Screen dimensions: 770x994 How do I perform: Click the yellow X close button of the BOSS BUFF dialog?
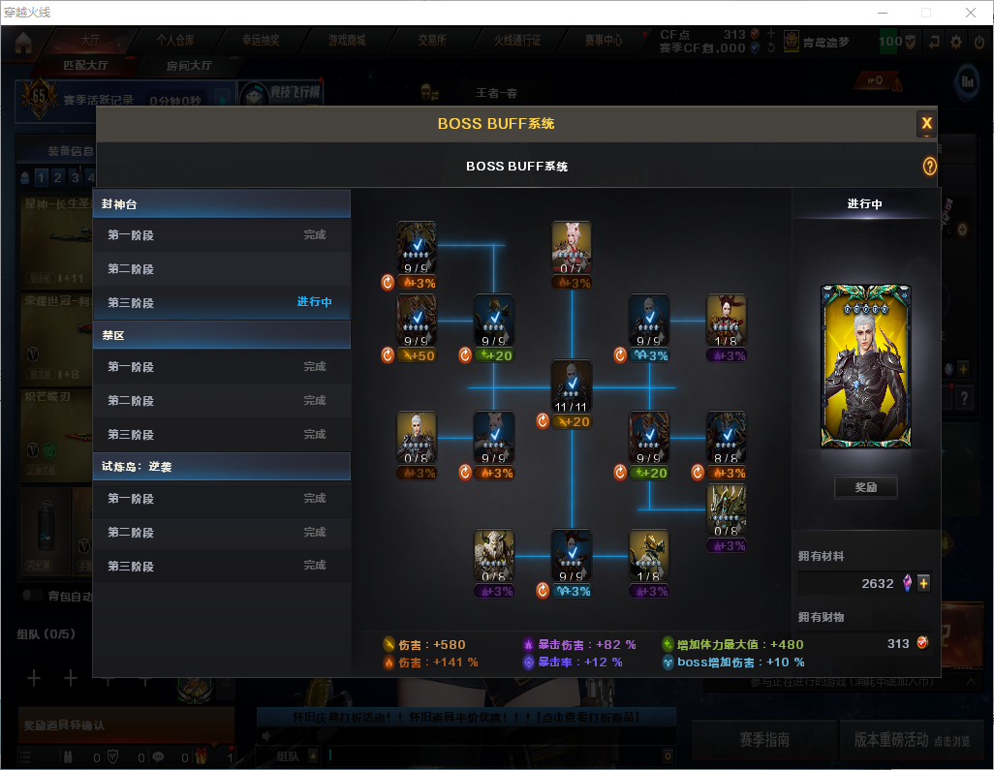pyautogui.click(x=926, y=123)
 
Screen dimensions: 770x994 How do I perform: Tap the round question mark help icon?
pyautogui.click(x=929, y=167)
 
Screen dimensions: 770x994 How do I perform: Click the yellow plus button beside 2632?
pyautogui.click(x=923, y=583)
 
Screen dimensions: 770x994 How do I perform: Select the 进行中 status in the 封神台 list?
pyautogui.click(x=314, y=302)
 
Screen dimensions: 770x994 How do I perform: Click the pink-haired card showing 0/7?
pyautogui.click(x=572, y=248)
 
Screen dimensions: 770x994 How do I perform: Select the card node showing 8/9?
pyautogui.click(x=726, y=439)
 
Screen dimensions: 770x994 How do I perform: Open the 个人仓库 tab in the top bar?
pyautogui.click(x=175, y=41)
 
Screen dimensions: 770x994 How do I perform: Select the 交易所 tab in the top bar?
pyautogui.click(x=432, y=41)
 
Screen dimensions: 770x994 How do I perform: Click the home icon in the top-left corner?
pyautogui.click(x=23, y=43)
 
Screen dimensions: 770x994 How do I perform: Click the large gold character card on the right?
pyautogui.click(x=865, y=366)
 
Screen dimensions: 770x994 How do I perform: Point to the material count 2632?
pyautogui.click(x=877, y=583)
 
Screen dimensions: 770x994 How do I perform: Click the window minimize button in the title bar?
pyautogui.click(x=882, y=13)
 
